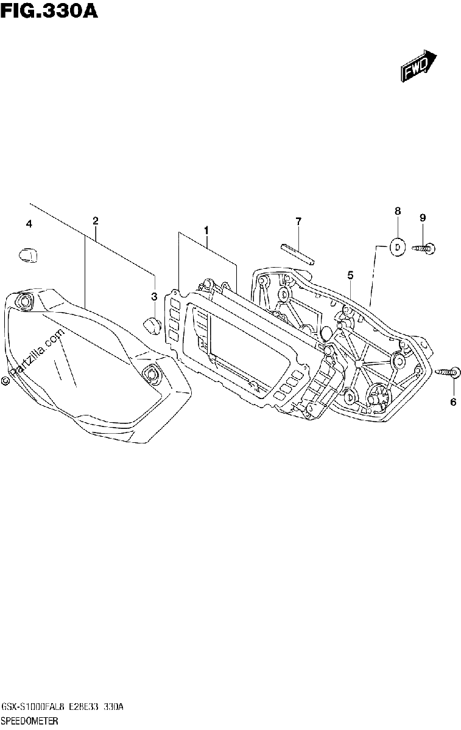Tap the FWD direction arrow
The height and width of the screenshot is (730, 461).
pyautogui.click(x=419, y=66)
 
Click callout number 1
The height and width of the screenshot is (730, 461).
pyautogui.click(x=206, y=231)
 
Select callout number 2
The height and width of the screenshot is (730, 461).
pyautogui.click(x=95, y=221)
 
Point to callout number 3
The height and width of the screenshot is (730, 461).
pyautogui.click(x=154, y=297)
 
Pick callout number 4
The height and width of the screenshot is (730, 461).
pyautogui.click(x=29, y=224)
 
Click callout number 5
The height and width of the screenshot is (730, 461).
pyautogui.click(x=350, y=276)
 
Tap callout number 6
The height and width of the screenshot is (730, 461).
pyautogui.click(x=453, y=402)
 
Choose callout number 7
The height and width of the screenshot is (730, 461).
pyautogui.click(x=298, y=221)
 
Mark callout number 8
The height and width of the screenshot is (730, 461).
pyautogui.click(x=398, y=211)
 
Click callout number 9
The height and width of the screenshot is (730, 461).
pyautogui.click(x=423, y=218)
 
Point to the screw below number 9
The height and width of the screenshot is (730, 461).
pyautogui.click(x=423, y=249)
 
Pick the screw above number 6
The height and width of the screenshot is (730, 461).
pyautogui.click(x=447, y=372)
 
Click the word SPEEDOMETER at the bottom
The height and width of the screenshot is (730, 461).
pyautogui.click(x=30, y=720)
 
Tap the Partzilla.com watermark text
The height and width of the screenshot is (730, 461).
pyautogui.click(x=34, y=356)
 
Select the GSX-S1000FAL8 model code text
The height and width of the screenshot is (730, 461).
pyautogui.click(x=34, y=707)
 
